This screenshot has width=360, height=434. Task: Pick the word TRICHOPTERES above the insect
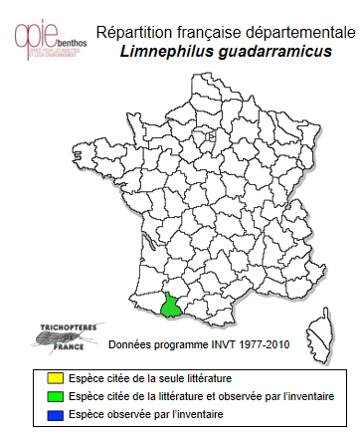[x=56, y=326]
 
